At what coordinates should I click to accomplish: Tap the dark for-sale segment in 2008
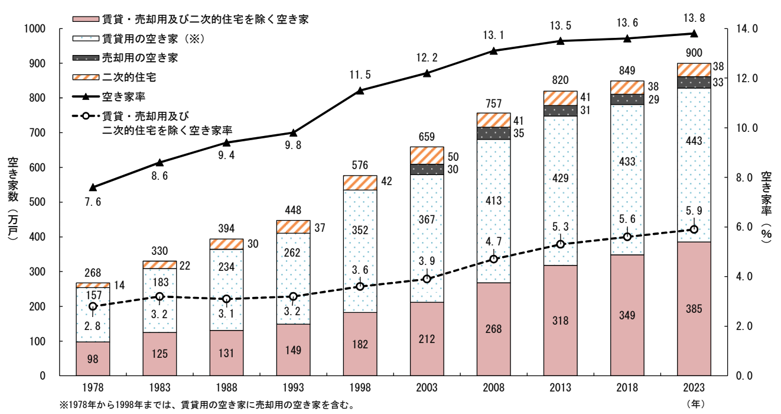pos(493,133)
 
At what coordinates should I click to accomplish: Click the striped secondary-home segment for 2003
pos(427,155)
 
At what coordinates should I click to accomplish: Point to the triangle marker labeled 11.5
pos(360,90)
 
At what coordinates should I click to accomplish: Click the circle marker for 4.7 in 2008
pos(493,258)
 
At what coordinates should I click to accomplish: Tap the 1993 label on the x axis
pos(293,388)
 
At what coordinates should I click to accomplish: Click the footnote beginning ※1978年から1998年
pos(207,405)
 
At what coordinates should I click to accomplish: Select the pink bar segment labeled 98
pos(93,359)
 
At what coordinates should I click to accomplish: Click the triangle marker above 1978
pos(93,187)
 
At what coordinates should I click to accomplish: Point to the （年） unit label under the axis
pos(695,405)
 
